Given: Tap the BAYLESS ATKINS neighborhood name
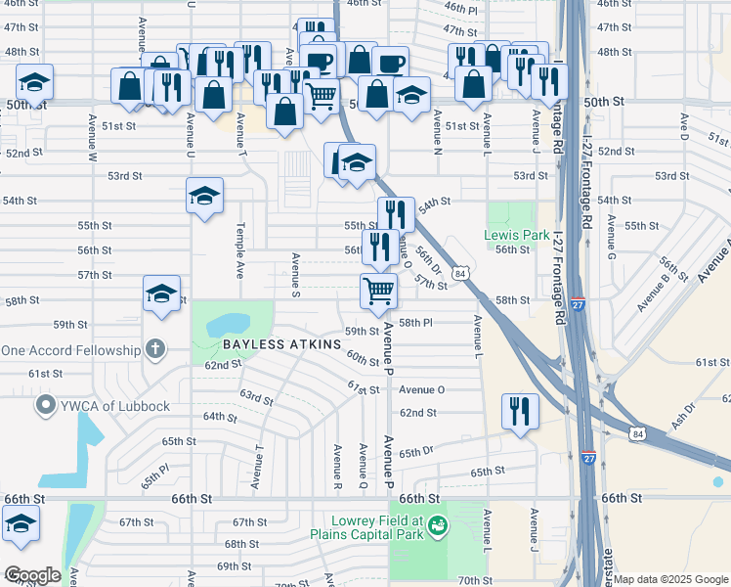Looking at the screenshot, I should click(281, 345).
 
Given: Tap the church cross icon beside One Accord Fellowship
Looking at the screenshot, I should click(154, 349).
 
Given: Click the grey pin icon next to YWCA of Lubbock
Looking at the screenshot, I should click(44, 406).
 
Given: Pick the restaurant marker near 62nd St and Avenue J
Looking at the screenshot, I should click(519, 410).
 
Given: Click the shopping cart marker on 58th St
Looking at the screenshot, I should click(378, 290).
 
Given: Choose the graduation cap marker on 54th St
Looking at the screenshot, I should click(205, 196).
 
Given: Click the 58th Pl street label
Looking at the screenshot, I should click(415, 322).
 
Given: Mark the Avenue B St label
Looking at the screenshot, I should click(658, 291).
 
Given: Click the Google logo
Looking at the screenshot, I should click(31, 575).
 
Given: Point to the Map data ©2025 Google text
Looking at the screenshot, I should click(670, 579).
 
